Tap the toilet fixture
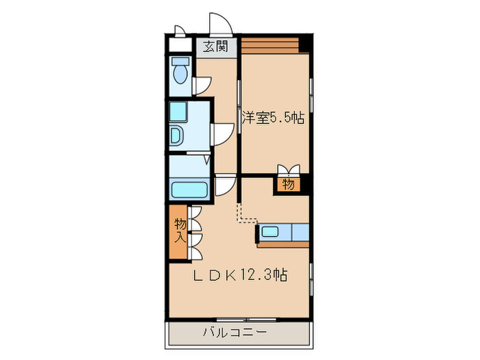coord(181,71)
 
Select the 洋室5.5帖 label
coord(272,117)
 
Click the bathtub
coord(189,190)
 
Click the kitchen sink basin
coord(270,231)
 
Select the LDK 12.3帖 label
coord(238,275)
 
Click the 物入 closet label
coord(179,230)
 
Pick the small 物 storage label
coord(288,184)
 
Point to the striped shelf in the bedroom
coord(270,45)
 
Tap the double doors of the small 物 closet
coord(289,170)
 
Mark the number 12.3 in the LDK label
coord(257,275)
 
